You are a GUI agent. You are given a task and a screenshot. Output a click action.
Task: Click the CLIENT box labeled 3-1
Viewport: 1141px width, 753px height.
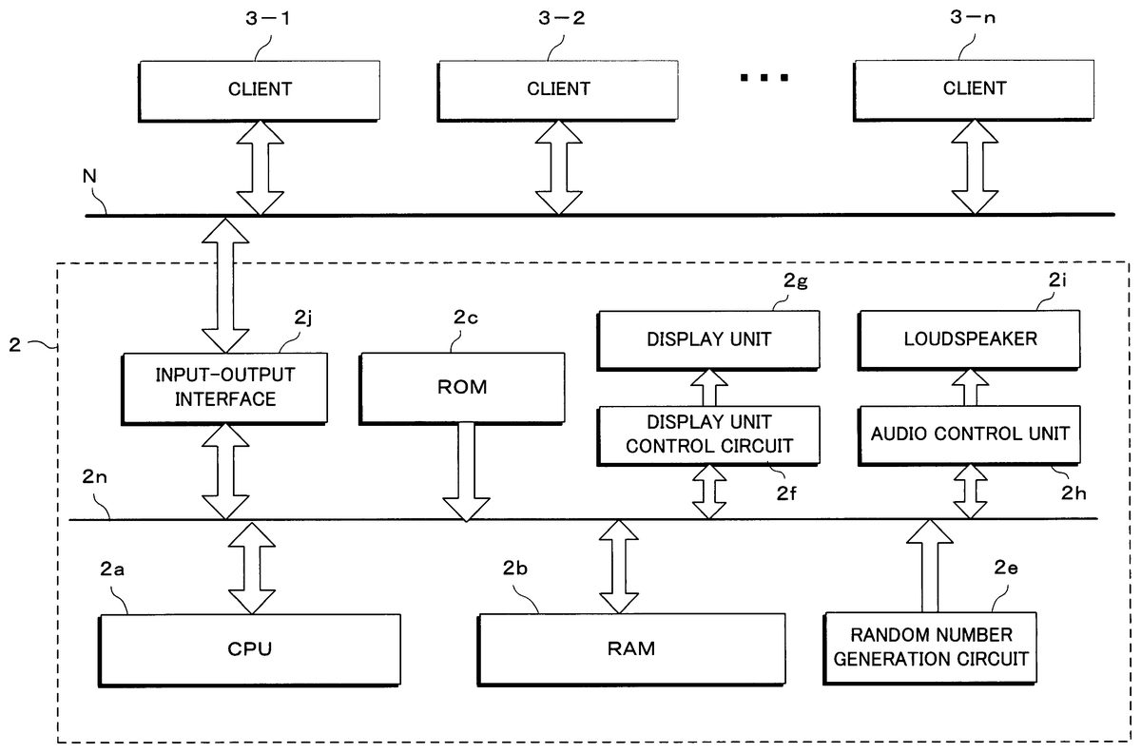259,89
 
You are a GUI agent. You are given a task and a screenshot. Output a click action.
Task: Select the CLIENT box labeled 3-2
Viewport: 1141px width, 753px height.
557,89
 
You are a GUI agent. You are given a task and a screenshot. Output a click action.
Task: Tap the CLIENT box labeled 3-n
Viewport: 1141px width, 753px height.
974,89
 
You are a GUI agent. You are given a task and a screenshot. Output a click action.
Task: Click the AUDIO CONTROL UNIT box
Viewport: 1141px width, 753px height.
971,433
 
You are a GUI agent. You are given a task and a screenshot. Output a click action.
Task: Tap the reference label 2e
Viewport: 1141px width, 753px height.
1007,569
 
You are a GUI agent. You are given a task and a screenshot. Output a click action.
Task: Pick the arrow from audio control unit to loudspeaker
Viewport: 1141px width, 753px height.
969,385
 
